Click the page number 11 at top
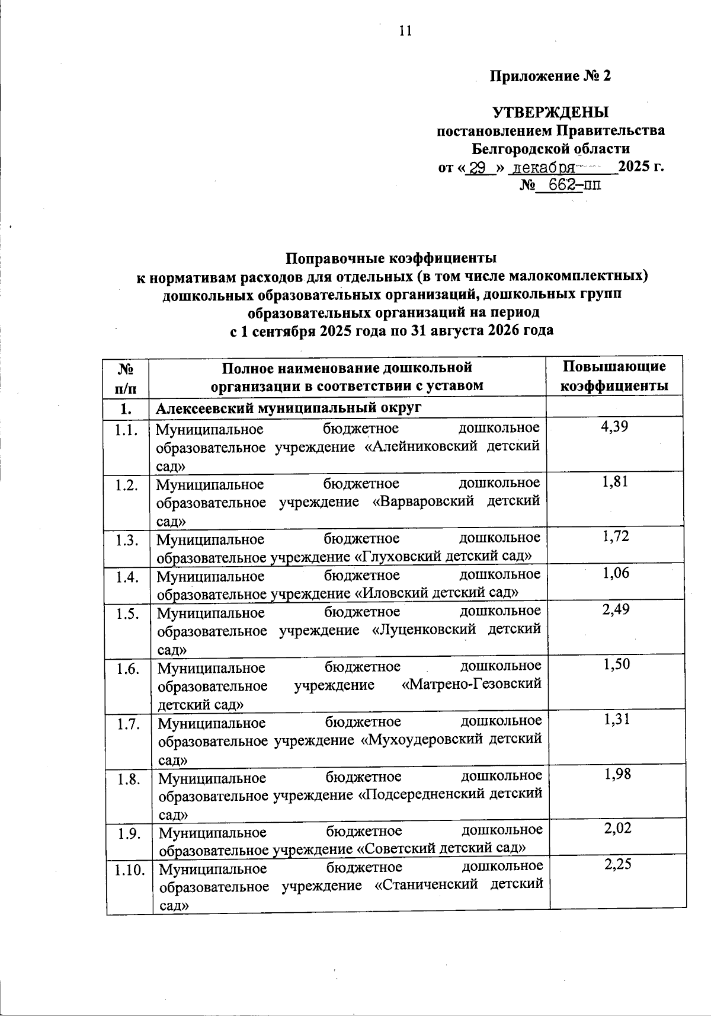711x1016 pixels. pyautogui.click(x=405, y=31)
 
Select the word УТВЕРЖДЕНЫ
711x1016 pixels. pyautogui.click(x=551, y=112)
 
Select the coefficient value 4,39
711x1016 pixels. pyautogui.click(x=614, y=426)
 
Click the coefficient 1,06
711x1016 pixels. pyautogui.click(x=615, y=573)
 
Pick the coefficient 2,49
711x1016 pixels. pyautogui.click(x=616, y=609)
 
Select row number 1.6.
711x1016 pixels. pyautogui.click(x=128, y=669)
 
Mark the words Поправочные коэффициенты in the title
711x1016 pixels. pyautogui.click(x=392, y=258)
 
